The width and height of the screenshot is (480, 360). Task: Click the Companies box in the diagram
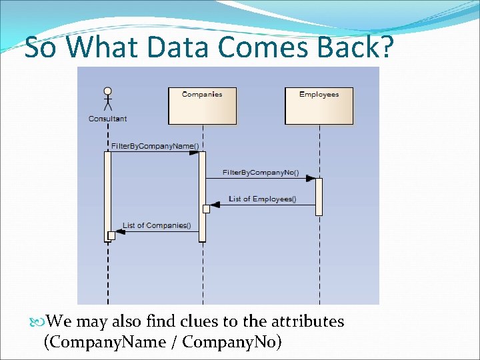202,105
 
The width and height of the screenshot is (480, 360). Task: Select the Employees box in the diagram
319,105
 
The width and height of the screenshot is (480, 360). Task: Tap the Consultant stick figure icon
107,99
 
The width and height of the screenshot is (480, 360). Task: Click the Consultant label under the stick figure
107,119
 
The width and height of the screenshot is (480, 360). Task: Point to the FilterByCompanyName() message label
155,145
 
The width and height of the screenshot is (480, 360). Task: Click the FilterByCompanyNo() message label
260,172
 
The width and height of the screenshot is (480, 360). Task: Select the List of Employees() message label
262,199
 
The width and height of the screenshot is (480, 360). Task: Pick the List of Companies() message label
156,225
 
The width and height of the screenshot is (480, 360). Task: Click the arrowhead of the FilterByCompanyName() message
194,152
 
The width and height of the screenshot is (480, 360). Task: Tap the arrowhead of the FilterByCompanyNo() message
311,178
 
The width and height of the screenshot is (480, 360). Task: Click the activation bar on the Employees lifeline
319,197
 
